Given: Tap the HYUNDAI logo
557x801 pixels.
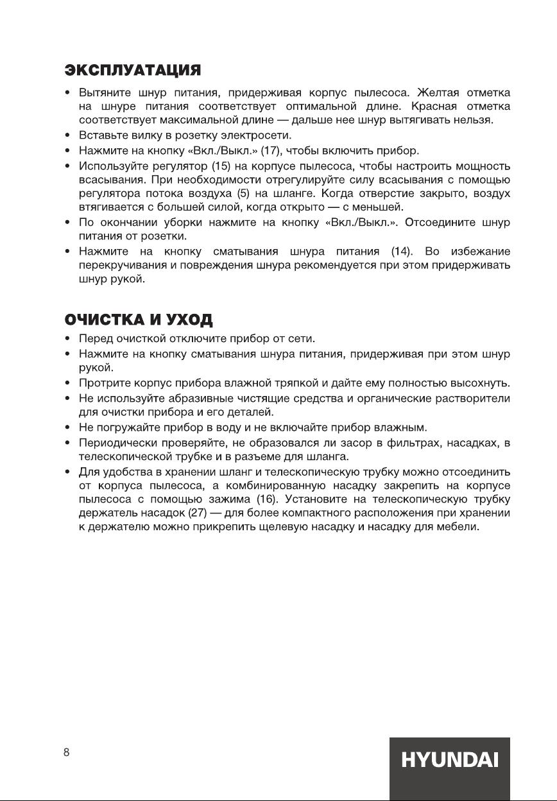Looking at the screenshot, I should [x=450, y=762].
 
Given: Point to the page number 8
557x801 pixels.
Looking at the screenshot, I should [x=66, y=753].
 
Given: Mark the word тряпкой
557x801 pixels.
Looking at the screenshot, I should [x=298, y=384].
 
